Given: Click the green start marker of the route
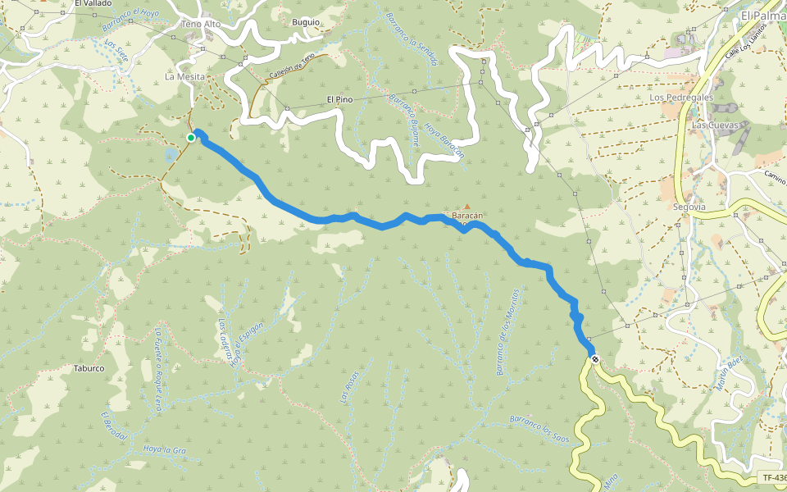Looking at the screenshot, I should pyautogui.click(x=191, y=138).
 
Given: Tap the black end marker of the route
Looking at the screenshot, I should pyautogui.click(x=594, y=359).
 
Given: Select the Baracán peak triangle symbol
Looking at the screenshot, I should pyautogui.click(x=467, y=207).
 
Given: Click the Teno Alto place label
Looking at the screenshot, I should pyautogui.click(x=201, y=25).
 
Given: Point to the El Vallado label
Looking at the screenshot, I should pyautogui.click(x=93, y=4).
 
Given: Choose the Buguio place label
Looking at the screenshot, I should pyautogui.click(x=306, y=22).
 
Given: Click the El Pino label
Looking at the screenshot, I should pyautogui.click(x=339, y=99).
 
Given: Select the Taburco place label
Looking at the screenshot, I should pyautogui.click(x=88, y=368).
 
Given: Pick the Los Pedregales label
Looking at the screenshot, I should pyautogui.click(x=680, y=97).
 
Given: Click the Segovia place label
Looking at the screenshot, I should pyautogui.click(x=689, y=207).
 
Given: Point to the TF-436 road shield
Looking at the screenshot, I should pyautogui.click(x=773, y=477).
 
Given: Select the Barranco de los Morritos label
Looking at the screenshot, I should pyautogui.click(x=508, y=331).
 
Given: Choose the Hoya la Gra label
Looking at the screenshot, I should pyautogui.click(x=166, y=449).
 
